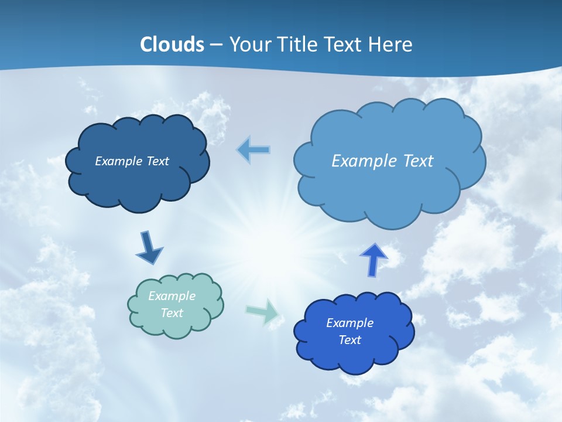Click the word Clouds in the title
point(172,45)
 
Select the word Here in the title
point(391,45)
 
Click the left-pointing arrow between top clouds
point(253,150)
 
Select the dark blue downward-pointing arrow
point(149,248)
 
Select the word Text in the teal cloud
point(172,313)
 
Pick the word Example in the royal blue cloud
point(349,323)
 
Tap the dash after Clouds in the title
point(216,45)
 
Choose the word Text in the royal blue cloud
point(349,340)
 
